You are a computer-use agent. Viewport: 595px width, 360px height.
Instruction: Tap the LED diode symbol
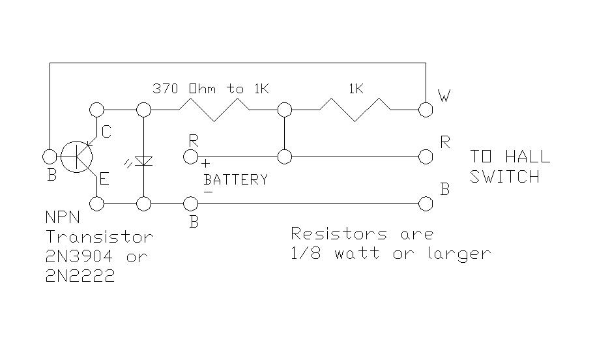tap(143, 161)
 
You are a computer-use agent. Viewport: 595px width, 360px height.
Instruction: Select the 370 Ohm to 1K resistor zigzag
tap(214, 110)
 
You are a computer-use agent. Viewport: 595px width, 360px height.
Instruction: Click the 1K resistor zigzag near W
tap(355, 110)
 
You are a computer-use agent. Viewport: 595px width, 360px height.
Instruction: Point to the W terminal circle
tap(426, 110)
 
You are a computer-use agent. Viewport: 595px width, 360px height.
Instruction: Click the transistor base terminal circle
tap(50, 157)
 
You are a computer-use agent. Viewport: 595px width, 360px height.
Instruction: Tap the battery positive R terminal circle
tap(190, 157)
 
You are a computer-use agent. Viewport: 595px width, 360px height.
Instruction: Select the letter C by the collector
tap(106, 132)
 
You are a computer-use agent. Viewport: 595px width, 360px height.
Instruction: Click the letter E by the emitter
tap(104, 179)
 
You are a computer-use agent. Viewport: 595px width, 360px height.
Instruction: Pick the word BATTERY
tap(236, 179)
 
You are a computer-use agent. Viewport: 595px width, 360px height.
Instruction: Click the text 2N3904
tap(79, 257)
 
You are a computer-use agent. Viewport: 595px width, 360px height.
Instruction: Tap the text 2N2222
tap(80, 276)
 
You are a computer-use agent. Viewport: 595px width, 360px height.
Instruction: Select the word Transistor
tap(100, 237)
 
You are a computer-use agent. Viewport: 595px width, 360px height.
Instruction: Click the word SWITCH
tap(504, 177)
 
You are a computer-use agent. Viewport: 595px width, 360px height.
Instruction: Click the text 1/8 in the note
tap(306, 253)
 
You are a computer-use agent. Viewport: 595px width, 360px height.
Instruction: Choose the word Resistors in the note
tap(340, 233)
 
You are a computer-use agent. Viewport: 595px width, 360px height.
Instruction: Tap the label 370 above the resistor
tap(166, 89)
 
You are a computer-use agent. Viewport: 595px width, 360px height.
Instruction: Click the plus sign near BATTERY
tap(205, 164)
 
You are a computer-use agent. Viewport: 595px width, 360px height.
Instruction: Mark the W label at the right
tap(444, 96)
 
